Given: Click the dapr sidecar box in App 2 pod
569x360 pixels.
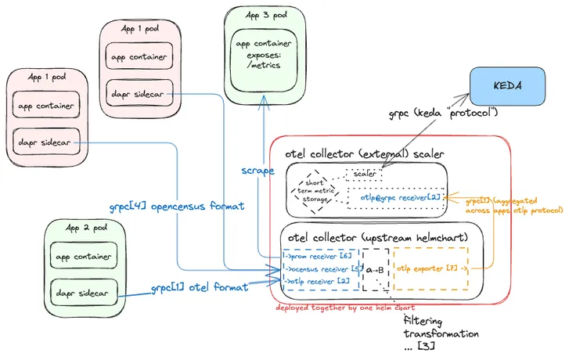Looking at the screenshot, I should click(82, 293).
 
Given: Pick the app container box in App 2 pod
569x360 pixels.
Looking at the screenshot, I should click(82, 256).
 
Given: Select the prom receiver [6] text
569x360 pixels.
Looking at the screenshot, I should click(316, 255).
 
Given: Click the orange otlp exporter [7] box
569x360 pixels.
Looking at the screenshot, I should click(429, 268).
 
